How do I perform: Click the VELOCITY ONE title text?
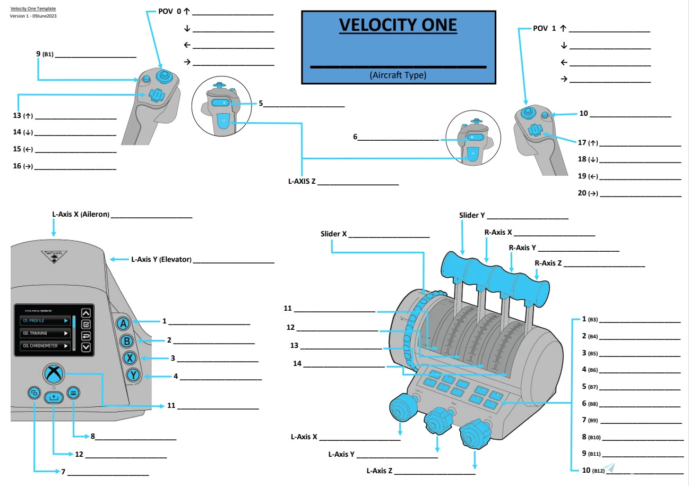coord(398,25)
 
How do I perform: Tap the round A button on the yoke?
coord(123,323)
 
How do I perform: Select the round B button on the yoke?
coord(126,341)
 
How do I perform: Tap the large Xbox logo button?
coord(53,373)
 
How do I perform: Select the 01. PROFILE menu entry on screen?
coord(45,321)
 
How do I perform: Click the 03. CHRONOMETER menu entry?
coord(45,346)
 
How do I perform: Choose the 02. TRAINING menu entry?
coord(45,333)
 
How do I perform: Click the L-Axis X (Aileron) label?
coord(81,214)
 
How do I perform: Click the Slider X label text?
coord(333,234)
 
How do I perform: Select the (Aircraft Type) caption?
coord(398,75)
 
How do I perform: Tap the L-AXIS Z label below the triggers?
coord(302,182)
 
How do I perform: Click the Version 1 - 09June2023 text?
coord(33,16)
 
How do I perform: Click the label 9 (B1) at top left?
coord(45,54)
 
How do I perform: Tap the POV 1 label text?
coord(545,28)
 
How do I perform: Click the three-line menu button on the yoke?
coord(73,393)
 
